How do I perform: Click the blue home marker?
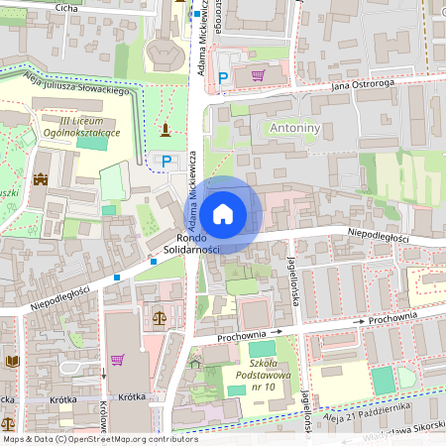223,213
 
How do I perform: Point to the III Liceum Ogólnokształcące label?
74,125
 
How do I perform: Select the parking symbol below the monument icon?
167,160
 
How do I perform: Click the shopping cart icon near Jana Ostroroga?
258,74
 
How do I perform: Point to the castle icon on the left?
41,179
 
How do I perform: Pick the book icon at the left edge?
11,361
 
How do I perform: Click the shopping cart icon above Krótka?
117,360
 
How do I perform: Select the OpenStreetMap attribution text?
99,439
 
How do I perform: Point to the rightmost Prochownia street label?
392,318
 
